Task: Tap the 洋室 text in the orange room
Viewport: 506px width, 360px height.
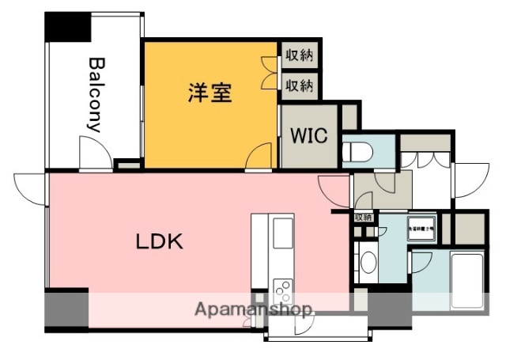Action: (x=210, y=93)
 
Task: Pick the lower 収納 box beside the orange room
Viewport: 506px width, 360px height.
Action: (x=300, y=84)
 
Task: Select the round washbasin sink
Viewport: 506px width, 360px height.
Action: (x=368, y=262)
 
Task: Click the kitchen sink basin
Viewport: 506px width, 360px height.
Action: (x=283, y=233)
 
